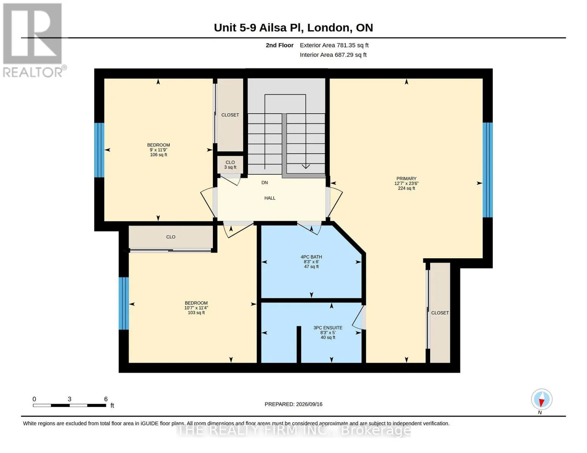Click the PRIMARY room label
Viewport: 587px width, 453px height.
pyautogui.click(x=406, y=178)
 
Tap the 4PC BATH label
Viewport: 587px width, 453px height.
pyautogui.click(x=311, y=257)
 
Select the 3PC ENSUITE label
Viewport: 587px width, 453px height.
pyautogui.click(x=328, y=328)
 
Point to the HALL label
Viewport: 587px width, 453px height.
pyautogui.click(x=269, y=198)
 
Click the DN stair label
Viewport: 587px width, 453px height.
pyautogui.click(x=265, y=183)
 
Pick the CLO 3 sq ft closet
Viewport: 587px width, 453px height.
pyautogui.click(x=230, y=165)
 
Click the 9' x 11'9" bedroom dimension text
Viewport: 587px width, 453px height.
pyautogui.click(x=159, y=150)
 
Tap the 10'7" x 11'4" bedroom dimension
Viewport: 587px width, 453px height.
pyautogui.click(x=196, y=308)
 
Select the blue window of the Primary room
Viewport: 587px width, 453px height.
pyautogui.click(x=488, y=170)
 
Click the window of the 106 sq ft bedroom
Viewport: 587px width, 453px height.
pyautogui.click(x=99, y=150)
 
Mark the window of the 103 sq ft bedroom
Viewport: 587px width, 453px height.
pyautogui.click(x=124, y=304)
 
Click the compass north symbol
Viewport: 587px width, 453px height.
pyautogui.click(x=542, y=399)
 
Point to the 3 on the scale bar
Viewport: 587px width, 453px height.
pyautogui.click(x=70, y=399)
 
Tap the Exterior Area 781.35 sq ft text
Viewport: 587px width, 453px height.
pyautogui.click(x=334, y=45)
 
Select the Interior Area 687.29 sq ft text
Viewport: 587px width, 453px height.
pyautogui.click(x=333, y=55)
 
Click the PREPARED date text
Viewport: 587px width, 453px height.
pyautogui.click(x=293, y=404)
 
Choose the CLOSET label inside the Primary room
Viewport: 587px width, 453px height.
pyautogui.click(x=440, y=313)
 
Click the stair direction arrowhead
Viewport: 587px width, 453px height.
pyautogui.click(x=305, y=166)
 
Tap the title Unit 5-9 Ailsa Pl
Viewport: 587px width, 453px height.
pyautogui.click(x=257, y=28)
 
